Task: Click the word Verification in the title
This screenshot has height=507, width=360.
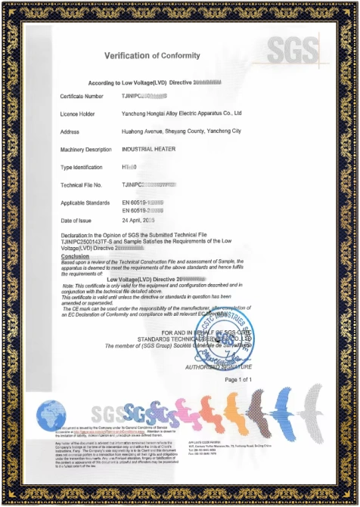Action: (128, 56)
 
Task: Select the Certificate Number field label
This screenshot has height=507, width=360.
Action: (82, 97)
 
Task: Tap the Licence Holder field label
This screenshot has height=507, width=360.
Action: (79, 113)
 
